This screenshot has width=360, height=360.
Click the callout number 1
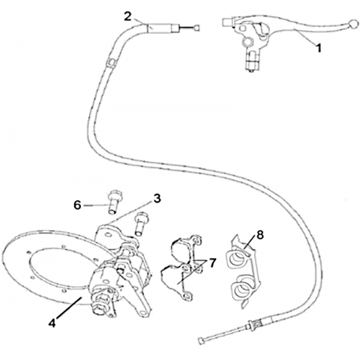tap(318, 48)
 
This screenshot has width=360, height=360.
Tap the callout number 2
tap(127, 16)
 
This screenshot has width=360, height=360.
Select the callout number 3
tap(157, 199)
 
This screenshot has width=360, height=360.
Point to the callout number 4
tap(52, 323)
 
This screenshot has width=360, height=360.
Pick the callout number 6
tap(77, 205)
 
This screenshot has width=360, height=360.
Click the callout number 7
tap(212, 263)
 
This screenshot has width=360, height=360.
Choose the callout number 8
tap(260, 235)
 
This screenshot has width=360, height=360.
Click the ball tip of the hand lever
tap(353, 23)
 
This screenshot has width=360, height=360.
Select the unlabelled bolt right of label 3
tap(140, 223)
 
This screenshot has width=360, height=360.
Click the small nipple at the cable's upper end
tap(196, 27)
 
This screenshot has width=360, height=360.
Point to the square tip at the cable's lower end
tap(200, 341)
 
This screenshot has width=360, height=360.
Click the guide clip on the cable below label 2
tap(110, 62)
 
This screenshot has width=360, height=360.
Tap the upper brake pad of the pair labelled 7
tap(185, 248)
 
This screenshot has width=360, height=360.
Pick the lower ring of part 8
tap(242, 289)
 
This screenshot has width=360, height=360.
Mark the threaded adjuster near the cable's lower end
tap(253, 326)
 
